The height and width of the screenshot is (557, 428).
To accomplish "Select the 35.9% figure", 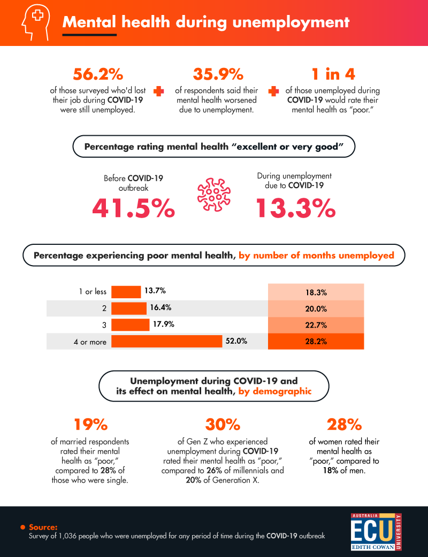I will (218, 73).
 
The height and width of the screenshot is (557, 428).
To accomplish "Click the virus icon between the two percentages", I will (215, 194).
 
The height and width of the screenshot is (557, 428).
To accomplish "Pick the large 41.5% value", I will (133, 208).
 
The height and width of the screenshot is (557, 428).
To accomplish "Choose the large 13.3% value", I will (295, 208).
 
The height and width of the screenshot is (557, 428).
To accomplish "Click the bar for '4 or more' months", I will (166, 342).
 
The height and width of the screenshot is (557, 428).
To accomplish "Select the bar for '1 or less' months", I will (126, 291).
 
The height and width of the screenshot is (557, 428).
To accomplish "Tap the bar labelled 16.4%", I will (128, 308).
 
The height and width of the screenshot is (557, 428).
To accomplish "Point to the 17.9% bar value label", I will (163, 324).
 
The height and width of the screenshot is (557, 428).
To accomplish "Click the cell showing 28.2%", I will (316, 342).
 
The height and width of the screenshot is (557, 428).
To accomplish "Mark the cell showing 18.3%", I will (316, 292).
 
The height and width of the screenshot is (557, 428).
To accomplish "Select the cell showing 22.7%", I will (316, 325).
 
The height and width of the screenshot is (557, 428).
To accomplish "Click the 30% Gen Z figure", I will (222, 424).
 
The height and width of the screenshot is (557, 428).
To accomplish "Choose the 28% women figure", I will (344, 424).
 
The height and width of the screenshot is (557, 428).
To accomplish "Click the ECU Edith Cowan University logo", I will (376, 530).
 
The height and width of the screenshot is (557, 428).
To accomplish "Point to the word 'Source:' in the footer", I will (43, 527).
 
